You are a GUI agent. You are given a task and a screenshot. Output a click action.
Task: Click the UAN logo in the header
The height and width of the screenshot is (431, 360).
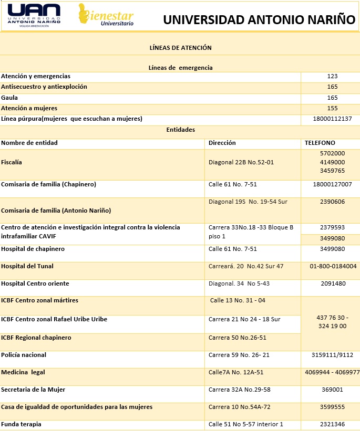[x=35, y=15]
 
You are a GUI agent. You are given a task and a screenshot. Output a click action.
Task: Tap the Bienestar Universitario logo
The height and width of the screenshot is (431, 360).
[x=106, y=15]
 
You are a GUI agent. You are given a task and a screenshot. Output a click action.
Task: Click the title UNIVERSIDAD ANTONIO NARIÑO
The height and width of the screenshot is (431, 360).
[x=259, y=20]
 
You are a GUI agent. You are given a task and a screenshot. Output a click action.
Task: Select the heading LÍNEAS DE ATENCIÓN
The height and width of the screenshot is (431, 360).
[x=180, y=47]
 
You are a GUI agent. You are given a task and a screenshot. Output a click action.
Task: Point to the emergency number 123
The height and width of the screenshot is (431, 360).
[x=332, y=76]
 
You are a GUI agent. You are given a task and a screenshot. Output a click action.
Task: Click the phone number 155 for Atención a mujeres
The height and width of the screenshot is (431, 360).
[x=332, y=108]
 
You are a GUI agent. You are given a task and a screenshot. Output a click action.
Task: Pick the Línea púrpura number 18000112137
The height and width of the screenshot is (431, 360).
[x=332, y=119]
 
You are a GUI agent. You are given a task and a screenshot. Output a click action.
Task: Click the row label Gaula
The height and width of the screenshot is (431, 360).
[x=10, y=98]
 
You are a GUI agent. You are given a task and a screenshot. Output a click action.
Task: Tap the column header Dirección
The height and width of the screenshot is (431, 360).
[x=222, y=143]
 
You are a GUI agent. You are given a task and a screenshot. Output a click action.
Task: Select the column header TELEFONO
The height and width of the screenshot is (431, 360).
[x=320, y=143]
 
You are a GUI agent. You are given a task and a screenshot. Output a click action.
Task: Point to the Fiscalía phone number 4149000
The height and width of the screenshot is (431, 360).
[x=332, y=162]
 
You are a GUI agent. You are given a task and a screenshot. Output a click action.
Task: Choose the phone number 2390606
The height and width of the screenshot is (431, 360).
[x=332, y=202]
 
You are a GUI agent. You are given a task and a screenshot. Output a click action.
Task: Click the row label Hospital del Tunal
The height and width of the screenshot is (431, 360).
[x=27, y=266]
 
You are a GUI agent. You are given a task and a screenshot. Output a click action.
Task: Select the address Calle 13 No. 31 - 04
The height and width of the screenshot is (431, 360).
[x=238, y=300]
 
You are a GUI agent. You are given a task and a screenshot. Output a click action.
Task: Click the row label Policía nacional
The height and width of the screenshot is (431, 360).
[x=24, y=355]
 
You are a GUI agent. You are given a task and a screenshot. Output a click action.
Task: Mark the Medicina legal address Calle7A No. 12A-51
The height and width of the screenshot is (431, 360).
[x=236, y=372]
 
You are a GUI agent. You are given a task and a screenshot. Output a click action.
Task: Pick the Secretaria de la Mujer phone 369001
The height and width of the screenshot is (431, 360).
[x=332, y=390]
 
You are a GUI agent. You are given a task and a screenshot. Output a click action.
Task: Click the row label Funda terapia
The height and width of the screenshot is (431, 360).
[x=21, y=424]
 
